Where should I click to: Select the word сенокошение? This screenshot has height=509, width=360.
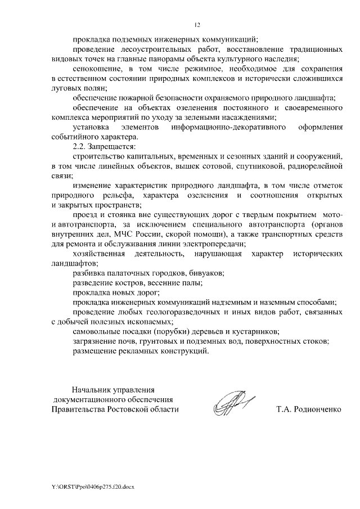pos(95,69)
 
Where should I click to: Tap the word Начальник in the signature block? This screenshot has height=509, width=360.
pos(92,389)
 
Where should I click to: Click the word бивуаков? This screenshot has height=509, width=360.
pos(204,273)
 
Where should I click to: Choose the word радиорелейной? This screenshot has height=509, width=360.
pos(313,166)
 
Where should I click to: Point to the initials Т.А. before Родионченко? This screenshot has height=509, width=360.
pos(283,409)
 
